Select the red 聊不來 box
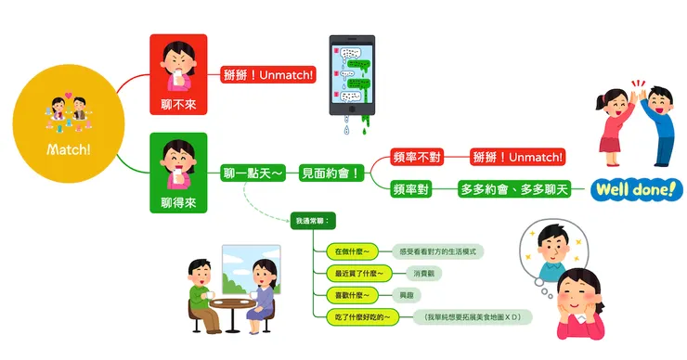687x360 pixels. [x=177, y=74]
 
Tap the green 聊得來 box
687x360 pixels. [x=177, y=173]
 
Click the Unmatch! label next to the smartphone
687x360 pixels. [x=268, y=74]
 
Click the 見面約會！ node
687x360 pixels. [x=331, y=173]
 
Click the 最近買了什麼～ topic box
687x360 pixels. [x=357, y=273]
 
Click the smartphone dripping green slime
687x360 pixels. [x=352, y=79]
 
